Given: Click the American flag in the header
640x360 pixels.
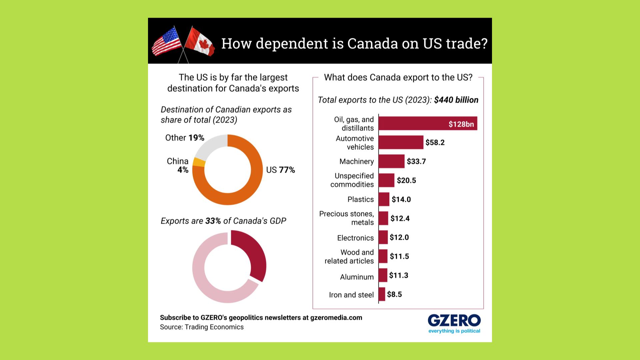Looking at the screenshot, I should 166,41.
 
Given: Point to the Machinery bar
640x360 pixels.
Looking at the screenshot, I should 391,161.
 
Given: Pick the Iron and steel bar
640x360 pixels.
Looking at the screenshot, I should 382,294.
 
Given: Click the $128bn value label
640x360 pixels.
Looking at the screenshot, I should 461,124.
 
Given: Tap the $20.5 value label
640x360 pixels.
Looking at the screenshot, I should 406,180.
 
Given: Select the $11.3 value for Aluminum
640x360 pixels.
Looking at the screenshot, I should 399,275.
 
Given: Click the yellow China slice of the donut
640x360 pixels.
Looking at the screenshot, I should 199,162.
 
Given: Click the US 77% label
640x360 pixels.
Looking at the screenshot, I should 280,170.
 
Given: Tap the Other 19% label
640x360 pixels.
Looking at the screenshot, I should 185,138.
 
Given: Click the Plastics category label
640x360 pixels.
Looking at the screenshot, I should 360,199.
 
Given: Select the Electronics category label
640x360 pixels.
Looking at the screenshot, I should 355,238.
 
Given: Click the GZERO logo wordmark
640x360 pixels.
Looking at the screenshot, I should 454,321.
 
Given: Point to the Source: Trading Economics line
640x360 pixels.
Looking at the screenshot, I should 202,327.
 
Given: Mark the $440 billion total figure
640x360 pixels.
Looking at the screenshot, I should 456,100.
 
